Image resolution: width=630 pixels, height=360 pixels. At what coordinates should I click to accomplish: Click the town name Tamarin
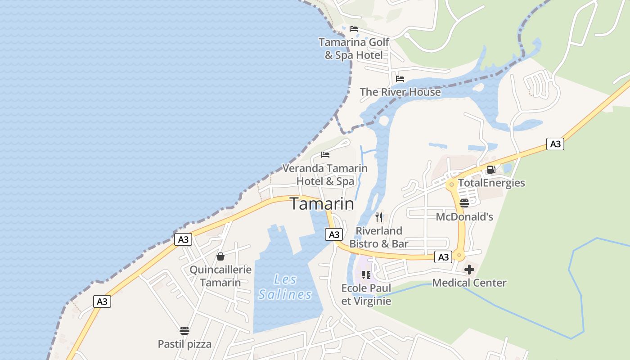click(x=322, y=204)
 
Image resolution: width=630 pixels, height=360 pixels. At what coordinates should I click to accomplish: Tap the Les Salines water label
click(x=285, y=287)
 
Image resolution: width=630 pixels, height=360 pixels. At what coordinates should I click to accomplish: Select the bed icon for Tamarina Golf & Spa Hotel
click(x=354, y=29)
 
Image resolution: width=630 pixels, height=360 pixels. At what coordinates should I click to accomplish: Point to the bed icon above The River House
click(x=400, y=79)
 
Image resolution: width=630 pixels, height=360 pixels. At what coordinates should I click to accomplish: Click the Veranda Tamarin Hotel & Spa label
click(x=325, y=175)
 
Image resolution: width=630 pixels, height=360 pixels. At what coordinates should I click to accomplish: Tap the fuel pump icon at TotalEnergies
click(x=491, y=170)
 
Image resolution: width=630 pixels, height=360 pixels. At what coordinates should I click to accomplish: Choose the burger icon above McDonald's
click(x=464, y=203)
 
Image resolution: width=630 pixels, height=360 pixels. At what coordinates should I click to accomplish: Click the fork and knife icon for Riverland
click(x=379, y=217)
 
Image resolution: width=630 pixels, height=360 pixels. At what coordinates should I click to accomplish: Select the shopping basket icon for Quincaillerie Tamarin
click(x=220, y=256)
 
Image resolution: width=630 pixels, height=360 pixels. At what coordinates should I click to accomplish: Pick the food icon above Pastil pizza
click(x=184, y=331)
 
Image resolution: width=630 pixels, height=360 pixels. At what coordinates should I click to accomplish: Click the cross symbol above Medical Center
click(x=469, y=270)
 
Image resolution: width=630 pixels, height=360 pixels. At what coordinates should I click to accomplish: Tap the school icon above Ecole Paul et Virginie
click(x=366, y=274)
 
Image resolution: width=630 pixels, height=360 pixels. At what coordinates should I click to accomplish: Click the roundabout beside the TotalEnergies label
click(x=451, y=184)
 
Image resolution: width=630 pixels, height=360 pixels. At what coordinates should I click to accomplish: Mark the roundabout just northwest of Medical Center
click(x=459, y=256)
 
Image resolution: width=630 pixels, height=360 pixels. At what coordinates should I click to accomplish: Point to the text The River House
click(x=400, y=92)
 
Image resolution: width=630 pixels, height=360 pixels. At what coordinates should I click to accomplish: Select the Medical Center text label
click(x=469, y=283)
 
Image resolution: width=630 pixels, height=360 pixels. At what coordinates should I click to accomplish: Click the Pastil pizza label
click(x=184, y=344)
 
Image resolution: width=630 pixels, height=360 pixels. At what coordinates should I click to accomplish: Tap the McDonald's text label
click(x=464, y=217)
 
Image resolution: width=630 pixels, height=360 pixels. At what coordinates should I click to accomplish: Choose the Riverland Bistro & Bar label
click(x=379, y=237)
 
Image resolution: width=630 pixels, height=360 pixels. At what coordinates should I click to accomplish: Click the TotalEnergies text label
click(x=491, y=183)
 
